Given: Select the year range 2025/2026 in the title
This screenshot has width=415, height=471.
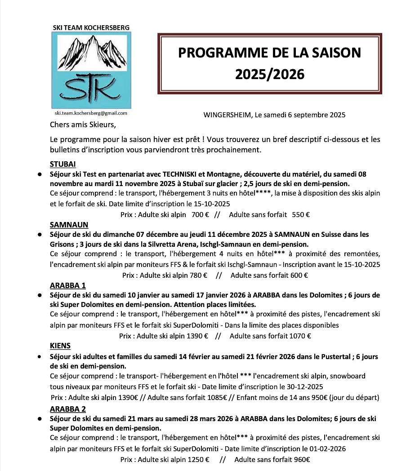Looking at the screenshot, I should click(269, 73).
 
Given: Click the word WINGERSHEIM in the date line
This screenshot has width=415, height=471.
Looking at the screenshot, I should click(228, 115).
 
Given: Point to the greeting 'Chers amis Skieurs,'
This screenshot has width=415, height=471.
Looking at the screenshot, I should click(86, 124).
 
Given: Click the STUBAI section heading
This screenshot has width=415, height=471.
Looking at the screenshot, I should click(62, 164).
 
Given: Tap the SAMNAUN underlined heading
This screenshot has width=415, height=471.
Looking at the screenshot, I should click(69, 225).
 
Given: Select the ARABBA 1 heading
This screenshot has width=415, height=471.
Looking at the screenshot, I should click(67, 285).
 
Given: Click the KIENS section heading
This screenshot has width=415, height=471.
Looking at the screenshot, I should click(60, 346).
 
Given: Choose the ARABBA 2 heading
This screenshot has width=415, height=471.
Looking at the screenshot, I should click(68, 409).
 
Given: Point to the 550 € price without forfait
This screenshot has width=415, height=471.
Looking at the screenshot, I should click(301, 214).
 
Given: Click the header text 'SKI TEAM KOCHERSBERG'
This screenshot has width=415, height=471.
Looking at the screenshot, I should click(91, 27).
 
